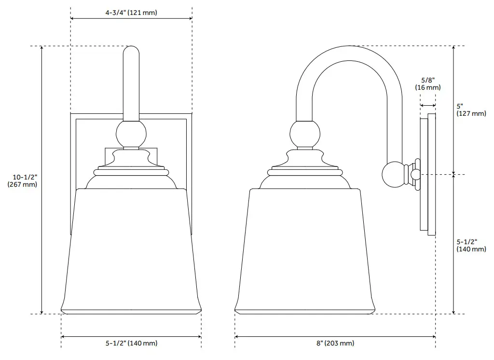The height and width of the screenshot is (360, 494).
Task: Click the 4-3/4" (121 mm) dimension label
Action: pos(131,13)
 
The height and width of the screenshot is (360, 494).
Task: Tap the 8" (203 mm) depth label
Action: pos(335,344)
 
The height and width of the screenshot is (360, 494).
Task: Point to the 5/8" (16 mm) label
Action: pos(428,83)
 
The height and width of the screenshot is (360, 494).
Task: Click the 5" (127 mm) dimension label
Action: pos(471,110)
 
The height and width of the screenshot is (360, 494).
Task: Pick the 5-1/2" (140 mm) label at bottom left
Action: pos(131,344)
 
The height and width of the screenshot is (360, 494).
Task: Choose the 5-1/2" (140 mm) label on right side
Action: pos(471,245)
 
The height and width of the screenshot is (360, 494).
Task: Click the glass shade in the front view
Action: pos(131,251)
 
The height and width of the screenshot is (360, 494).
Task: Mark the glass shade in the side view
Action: pos(305,251)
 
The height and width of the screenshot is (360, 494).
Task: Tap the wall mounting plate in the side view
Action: pos(427,174)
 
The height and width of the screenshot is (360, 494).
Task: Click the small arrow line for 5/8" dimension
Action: pos(428,105)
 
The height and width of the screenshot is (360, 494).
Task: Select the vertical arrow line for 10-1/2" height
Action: pos(42,180)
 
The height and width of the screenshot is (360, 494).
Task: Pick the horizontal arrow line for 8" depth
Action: pos(335,336)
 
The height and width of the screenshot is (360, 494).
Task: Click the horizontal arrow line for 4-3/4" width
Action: pos(131,19)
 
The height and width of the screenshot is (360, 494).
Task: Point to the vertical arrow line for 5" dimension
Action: pos(453,110)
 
